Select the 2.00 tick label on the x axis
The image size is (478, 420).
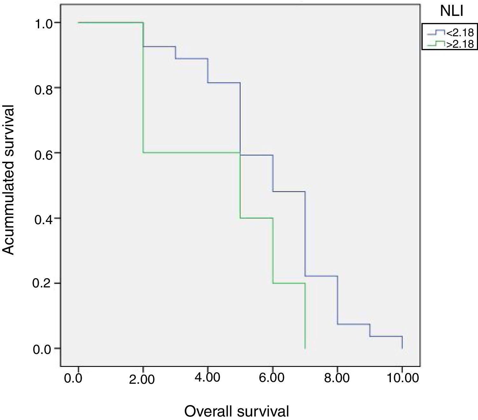(142, 379)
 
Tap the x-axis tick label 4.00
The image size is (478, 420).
(207, 378)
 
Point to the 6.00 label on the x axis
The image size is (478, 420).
(272, 378)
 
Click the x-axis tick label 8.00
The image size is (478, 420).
(337, 378)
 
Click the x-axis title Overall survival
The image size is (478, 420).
(237, 411)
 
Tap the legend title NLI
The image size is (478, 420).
(451, 11)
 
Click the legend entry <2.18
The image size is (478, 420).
(460, 32)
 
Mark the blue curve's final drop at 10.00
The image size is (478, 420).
(402, 342)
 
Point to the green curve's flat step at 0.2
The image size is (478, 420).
(289, 283)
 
